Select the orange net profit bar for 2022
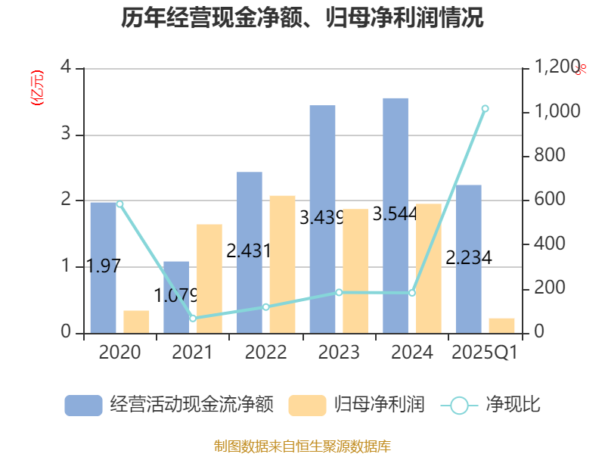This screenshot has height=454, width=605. tap(282, 264)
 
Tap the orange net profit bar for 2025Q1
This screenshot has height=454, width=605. tap(501, 325)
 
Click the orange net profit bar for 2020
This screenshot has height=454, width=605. tap(136, 322)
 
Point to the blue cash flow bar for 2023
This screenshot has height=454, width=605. tap(322, 219)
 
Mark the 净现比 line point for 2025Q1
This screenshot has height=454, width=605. tap(485, 109)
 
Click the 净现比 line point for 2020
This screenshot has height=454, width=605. tap(119, 204)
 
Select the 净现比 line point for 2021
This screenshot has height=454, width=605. tap(193, 319)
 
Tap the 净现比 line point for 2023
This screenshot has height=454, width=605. tap(339, 292)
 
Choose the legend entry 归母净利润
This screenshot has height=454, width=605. tap(356, 405)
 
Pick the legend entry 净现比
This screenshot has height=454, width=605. tap(491, 405)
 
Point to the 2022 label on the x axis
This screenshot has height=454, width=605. tap(265, 353)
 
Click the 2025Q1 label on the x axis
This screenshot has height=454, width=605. tap(484, 353)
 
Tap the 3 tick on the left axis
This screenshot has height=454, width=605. tap(66, 135)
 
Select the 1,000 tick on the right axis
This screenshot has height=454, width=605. tap(557, 112)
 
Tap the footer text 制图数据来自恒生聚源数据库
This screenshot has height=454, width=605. tap(302, 446)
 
